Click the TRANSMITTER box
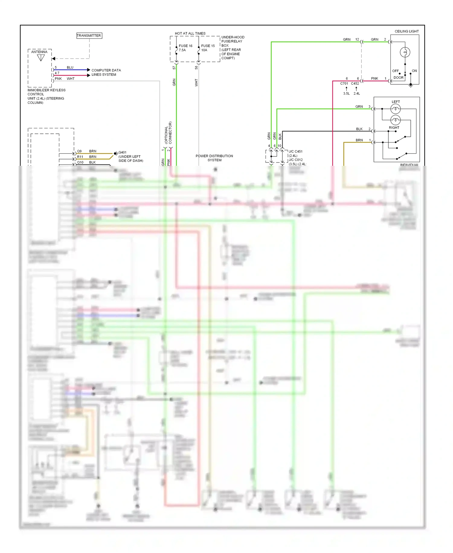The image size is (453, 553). coord(89,36)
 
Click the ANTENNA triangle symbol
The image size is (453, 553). coord(41,57)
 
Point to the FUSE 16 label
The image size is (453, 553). coord(185,46)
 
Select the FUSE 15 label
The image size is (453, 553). coord(208,46)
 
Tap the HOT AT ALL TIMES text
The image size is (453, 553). coord(190,34)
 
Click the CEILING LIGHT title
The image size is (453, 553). coord(406,31)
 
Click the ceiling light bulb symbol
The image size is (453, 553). coord(405,52)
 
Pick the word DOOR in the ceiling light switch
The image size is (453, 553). coord(398,78)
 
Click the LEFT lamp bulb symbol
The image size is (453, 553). coord(395,109)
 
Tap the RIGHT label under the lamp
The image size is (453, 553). coord(394,128)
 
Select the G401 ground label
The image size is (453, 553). coord(122,152)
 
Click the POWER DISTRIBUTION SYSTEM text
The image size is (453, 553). coord(214,158)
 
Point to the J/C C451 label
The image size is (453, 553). coord(295,152)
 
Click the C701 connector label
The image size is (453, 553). coord(344,83)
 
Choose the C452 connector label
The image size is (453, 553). coord(355,83)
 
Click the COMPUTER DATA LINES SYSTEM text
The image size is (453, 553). coord(106,72)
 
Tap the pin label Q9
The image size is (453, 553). coord(79,151)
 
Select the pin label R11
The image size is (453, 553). coord(80,157)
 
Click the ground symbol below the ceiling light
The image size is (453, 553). coord(410,86)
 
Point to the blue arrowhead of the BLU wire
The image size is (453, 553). coord(88,70)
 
